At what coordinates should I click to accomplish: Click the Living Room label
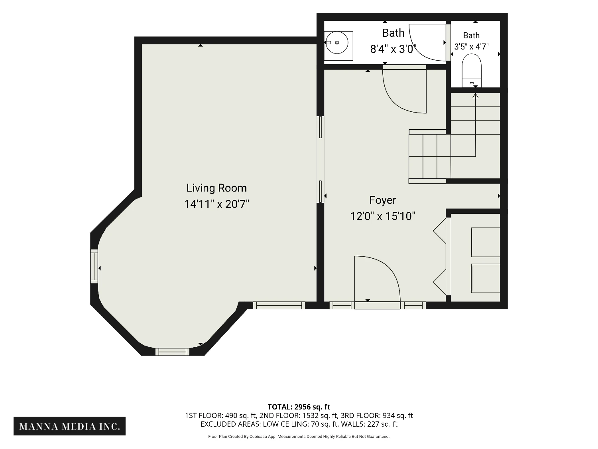(x=216, y=188)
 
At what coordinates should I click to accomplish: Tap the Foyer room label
(x=382, y=200)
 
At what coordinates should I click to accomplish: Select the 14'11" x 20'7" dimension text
(x=216, y=204)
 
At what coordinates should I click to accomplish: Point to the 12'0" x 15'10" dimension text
(x=382, y=216)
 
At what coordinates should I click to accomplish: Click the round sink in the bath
(x=337, y=43)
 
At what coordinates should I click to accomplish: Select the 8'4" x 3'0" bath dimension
(x=393, y=49)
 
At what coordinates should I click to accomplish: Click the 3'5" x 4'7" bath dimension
(x=471, y=47)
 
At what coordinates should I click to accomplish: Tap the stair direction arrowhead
(x=475, y=96)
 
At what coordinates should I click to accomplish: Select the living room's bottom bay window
(x=172, y=352)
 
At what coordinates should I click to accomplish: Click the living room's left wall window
(x=94, y=266)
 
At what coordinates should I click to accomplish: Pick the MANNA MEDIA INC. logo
(x=69, y=426)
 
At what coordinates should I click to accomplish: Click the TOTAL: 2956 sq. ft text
(x=299, y=407)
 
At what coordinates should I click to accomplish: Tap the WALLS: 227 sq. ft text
(x=369, y=424)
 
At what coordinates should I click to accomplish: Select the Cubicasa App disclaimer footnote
(x=299, y=437)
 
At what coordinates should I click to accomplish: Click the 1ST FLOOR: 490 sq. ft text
(x=221, y=415)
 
